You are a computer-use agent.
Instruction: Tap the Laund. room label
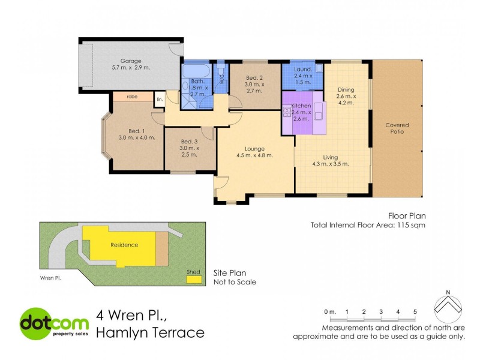click(x=302, y=69)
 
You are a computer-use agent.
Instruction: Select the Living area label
click(x=331, y=157)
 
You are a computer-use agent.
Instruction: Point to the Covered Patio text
click(x=397, y=128)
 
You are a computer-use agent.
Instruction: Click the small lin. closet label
click(x=160, y=99)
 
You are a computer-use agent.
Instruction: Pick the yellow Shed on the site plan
click(x=193, y=278)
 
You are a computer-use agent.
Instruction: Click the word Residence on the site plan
click(x=124, y=245)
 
